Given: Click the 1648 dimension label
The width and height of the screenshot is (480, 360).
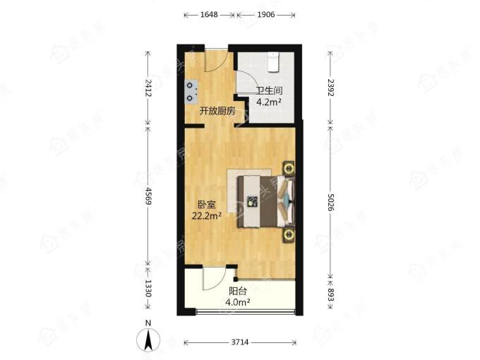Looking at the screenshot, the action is (x=209, y=14).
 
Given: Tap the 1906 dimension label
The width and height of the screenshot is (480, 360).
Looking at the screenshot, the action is (x=265, y=14).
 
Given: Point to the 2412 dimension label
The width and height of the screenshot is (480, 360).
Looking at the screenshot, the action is (x=148, y=88).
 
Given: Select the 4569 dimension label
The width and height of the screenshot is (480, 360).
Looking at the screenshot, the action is (x=148, y=196).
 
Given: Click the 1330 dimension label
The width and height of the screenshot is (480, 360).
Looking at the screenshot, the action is (x=148, y=289).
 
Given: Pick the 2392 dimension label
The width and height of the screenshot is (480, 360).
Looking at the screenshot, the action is (x=330, y=88).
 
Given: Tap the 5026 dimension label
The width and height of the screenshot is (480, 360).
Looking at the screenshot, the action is (x=330, y=202).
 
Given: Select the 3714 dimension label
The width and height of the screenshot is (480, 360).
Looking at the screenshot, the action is (x=240, y=342).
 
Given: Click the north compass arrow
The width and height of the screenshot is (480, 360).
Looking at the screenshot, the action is (x=148, y=340).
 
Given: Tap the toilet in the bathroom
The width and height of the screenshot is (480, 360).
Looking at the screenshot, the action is (x=273, y=62).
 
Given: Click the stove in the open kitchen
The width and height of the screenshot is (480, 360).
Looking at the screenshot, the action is (x=191, y=92).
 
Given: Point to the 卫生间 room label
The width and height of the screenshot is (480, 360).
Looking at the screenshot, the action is (x=269, y=90).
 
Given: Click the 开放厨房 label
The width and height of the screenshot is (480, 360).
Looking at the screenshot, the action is (x=217, y=111).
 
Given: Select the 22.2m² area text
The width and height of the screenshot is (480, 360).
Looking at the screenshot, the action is (x=207, y=216).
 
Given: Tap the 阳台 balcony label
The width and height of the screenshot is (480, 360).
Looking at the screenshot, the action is (x=238, y=291).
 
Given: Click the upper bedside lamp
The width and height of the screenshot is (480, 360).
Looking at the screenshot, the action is (x=289, y=168).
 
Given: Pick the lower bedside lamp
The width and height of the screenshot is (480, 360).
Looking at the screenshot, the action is (x=289, y=235).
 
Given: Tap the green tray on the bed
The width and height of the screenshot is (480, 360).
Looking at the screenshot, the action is (x=253, y=201).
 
